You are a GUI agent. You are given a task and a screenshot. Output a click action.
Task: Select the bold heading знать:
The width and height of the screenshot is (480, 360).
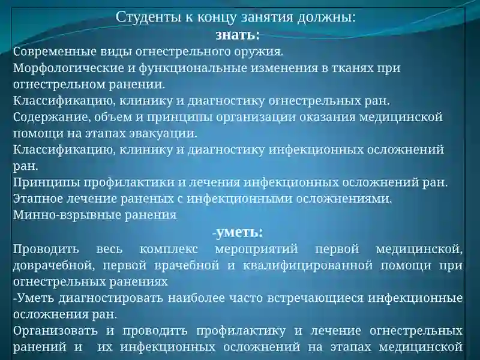coord(238,35)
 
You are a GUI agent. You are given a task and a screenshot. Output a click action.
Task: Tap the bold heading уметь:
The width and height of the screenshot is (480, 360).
coord(239,232)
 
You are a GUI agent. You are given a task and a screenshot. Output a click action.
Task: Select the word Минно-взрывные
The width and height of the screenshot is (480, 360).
coord(67,215)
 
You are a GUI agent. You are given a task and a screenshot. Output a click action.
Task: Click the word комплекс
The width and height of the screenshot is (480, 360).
coord(169,249)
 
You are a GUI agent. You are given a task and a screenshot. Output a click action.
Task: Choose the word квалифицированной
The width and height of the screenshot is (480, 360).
coord(308,265)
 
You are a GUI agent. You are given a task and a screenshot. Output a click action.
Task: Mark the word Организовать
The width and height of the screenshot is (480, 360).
coord(55,331)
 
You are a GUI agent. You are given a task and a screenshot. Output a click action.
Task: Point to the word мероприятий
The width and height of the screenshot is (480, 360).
coord(257,249)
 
